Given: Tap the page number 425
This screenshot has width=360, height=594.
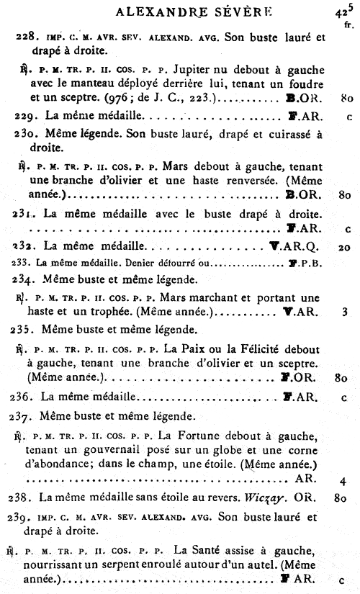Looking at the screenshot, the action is pos(344,11).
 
